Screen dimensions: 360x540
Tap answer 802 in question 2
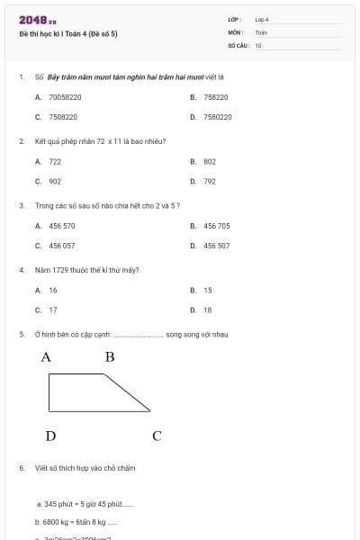coord(209,161)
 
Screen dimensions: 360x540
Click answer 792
coord(209,181)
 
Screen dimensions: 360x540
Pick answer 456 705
coord(216,226)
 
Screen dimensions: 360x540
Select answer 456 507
coord(216,246)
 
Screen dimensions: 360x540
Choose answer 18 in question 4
coord(208,310)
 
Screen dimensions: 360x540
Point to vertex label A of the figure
coord(46,357)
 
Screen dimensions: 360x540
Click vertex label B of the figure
coord(110,357)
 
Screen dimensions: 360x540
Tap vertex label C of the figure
coord(157,436)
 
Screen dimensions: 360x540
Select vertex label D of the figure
coord(50,436)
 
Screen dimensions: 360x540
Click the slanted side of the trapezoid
coord(128,392)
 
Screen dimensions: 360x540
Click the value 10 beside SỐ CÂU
coord(258,45)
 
